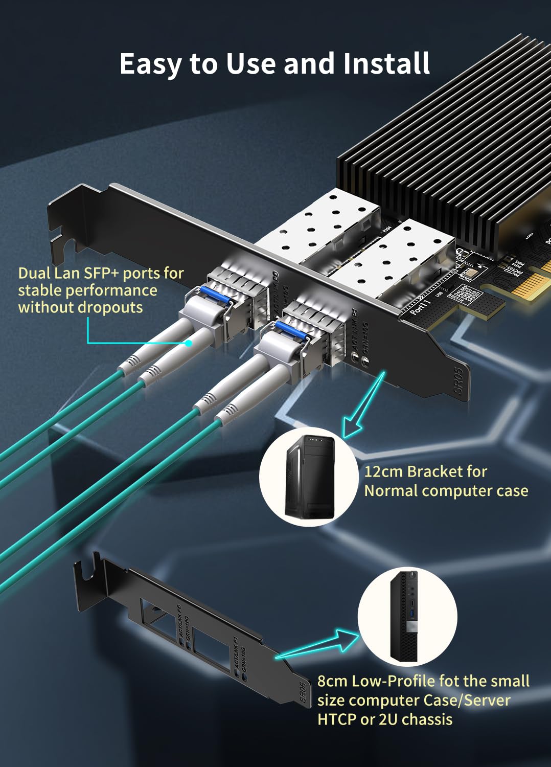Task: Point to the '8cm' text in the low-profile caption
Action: coord(332,681)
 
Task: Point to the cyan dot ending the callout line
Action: coord(189,343)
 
